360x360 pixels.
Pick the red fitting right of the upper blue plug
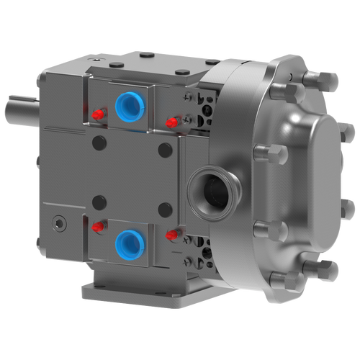tap(171, 123)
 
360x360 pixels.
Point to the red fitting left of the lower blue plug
tap(96, 227)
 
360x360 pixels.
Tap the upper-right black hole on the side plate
tap(165, 150)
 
